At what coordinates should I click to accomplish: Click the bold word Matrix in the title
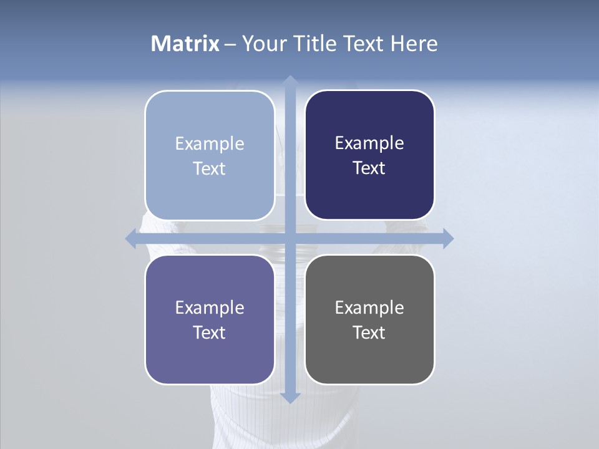[x=185, y=44]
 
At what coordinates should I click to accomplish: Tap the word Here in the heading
[x=414, y=44]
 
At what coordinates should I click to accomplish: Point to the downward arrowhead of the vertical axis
[x=290, y=397]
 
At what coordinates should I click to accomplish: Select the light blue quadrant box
[x=210, y=155]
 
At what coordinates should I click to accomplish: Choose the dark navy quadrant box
[x=369, y=155]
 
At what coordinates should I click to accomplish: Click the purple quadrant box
[x=210, y=319]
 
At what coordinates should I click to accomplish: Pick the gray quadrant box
[x=369, y=319]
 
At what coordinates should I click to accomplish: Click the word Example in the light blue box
[x=210, y=144]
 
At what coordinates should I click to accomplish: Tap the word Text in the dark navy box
[x=369, y=168]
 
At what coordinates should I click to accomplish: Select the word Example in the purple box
[x=210, y=308]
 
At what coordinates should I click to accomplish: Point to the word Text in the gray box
[x=369, y=332]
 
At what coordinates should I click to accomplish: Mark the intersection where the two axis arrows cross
[x=290, y=238]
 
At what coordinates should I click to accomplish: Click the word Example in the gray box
[x=369, y=308]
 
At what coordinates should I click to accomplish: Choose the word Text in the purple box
[x=210, y=332]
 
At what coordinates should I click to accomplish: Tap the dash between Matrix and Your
[x=230, y=44]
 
